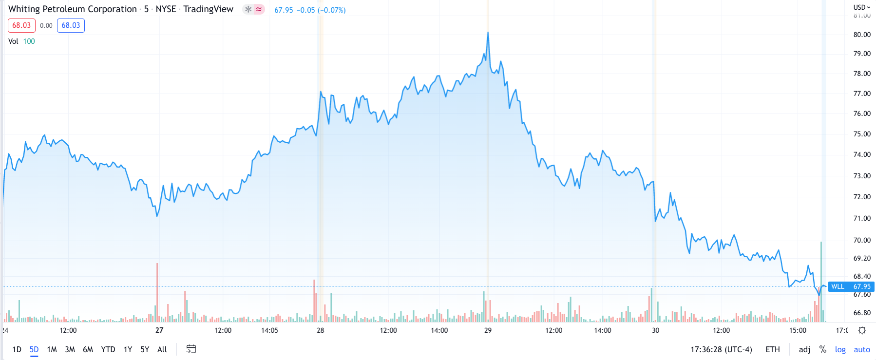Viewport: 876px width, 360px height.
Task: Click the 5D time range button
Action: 34,349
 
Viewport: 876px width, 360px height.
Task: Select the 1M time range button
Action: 52,349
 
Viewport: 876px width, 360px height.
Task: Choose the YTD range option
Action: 108,349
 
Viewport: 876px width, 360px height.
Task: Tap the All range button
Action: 162,349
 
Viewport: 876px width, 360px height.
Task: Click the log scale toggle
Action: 840,349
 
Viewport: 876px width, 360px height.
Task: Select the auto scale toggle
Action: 861,349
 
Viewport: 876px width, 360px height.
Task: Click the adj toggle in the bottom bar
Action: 804,349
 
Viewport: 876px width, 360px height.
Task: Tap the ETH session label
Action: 772,349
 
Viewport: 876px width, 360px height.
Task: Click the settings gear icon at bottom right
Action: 862,330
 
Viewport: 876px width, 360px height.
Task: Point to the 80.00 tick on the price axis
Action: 862,35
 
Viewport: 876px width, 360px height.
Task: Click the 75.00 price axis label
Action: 862,134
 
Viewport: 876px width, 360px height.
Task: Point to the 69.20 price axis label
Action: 862,258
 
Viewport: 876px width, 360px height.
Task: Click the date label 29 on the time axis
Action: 488,330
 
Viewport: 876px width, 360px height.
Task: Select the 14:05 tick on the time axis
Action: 269,330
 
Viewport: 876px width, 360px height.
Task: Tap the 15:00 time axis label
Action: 798,330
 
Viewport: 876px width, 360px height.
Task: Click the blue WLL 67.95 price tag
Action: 851,286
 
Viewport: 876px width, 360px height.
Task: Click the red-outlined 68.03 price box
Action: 21,25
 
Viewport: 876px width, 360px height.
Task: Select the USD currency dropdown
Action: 861,7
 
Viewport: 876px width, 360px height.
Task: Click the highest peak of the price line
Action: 488,33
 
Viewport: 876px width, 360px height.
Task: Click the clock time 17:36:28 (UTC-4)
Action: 721,349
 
